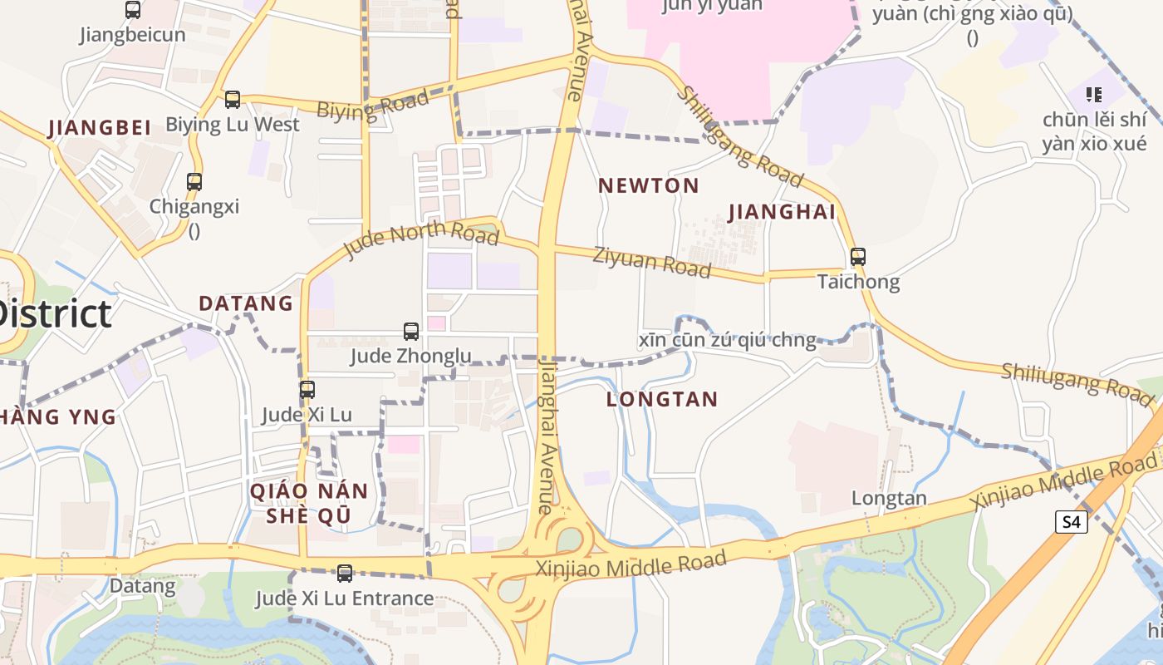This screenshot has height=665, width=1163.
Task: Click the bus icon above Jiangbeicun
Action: click(x=133, y=10)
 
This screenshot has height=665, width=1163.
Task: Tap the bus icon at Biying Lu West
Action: click(x=233, y=100)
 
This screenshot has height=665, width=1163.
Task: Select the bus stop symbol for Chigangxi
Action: click(x=194, y=181)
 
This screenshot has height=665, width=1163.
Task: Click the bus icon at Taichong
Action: click(x=858, y=257)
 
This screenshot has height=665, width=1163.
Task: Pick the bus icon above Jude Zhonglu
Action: click(x=410, y=332)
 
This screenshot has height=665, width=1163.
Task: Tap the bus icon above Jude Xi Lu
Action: click(x=307, y=389)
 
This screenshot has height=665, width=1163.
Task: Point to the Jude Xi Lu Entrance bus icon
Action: click(x=344, y=573)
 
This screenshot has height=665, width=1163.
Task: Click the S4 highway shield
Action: click(x=1072, y=522)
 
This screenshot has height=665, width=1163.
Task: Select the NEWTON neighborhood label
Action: click(x=649, y=185)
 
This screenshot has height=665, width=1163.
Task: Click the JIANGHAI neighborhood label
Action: click(x=782, y=212)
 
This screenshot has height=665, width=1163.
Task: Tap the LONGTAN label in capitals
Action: click(x=662, y=399)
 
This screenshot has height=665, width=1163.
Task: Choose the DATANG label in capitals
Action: click(x=246, y=303)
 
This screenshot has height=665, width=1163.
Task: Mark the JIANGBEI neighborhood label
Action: click(x=100, y=128)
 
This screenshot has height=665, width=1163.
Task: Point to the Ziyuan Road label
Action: click(x=652, y=262)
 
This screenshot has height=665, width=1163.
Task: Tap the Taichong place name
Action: click(x=858, y=282)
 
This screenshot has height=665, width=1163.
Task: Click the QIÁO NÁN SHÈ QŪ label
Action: click(x=309, y=503)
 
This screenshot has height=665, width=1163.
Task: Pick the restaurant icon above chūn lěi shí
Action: click(x=1094, y=95)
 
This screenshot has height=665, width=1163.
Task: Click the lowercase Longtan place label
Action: click(x=889, y=499)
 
